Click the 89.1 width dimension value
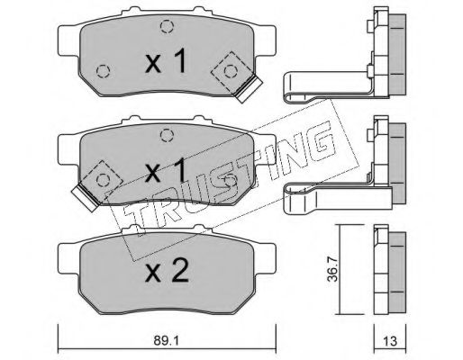point(166,341)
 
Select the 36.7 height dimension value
point(332,269)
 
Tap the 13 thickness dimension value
point(390,341)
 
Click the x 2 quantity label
point(167,271)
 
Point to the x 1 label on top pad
point(166,61)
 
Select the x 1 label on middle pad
point(166,170)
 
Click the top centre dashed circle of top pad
point(167,26)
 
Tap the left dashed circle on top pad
point(104,71)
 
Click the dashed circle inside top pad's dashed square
point(231,71)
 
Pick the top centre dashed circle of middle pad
point(167,135)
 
